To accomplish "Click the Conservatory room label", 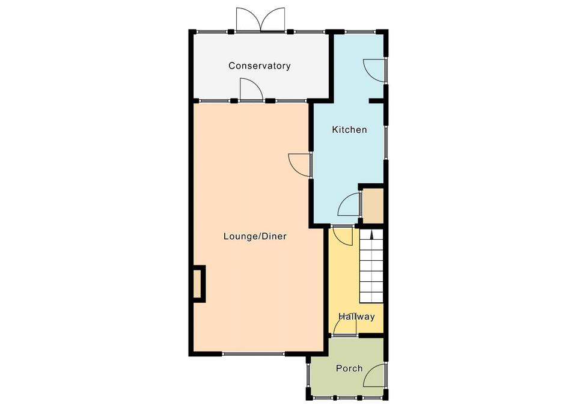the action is [x=260, y=66].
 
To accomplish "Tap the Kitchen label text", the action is [x=349, y=130].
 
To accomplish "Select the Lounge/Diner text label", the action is [x=255, y=236].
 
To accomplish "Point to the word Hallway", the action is [x=356, y=317].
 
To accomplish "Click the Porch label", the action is [x=349, y=368].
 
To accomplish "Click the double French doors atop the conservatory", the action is [x=260, y=19].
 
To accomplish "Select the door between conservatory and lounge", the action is [x=251, y=90].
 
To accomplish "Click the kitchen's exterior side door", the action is [x=375, y=70].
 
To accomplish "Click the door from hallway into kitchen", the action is [x=342, y=235].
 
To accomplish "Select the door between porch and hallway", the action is [x=345, y=324].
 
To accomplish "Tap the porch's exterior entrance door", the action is [x=374, y=376].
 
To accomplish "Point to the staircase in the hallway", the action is [x=371, y=266].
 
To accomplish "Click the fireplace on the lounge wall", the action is [x=198, y=284].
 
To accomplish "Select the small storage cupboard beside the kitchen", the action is [x=373, y=206].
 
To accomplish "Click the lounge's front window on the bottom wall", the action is [x=253, y=354].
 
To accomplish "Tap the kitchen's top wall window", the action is [x=360, y=32].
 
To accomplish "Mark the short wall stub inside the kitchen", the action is [x=376, y=100].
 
